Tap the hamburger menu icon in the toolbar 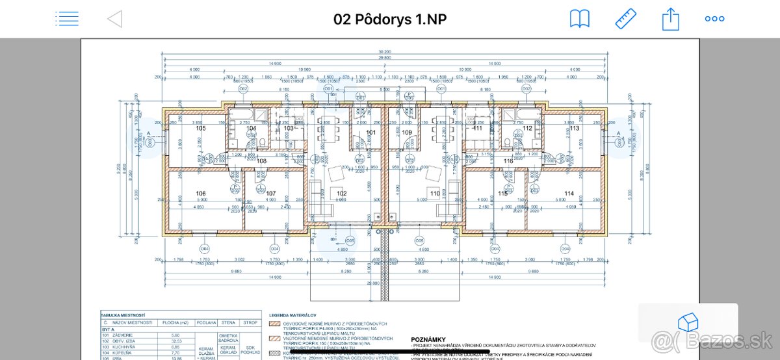tap(67, 19)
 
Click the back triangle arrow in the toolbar tap(114, 19)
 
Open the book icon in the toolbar tap(579, 19)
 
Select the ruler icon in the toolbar tap(625, 19)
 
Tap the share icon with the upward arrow tap(670, 18)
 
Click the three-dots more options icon tap(714, 19)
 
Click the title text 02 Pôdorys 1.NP tap(390, 19)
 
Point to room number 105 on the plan tap(200, 129)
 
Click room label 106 tap(200, 194)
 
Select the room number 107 tap(271, 194)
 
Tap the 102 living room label tap(341, 193)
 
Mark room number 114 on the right tap(569, 194)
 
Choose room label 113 tap(574, 129)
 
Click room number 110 tap(435, 194)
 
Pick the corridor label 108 tap(261, 161)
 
